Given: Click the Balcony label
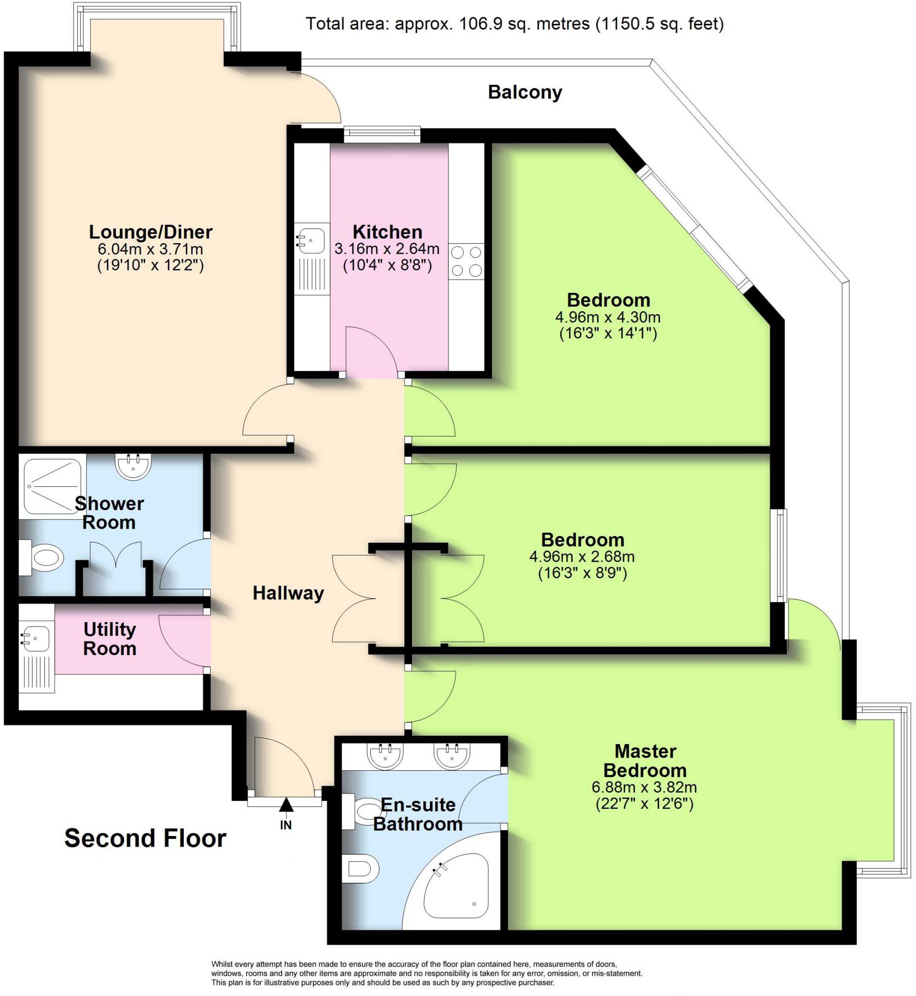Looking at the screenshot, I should (x=524, y=92).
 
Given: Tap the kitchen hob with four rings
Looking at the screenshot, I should (x=466, y=261).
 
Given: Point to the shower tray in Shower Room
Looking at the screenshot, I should (x=53, y=486).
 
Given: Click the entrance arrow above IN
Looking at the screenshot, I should (x=286, y=805).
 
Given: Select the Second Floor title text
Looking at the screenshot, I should (x=145, y=838).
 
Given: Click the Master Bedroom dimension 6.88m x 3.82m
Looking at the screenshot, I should (x=644, y=787).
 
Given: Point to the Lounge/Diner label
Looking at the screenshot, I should (x=151, y=232).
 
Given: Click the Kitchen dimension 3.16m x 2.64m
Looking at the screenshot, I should (x=387, y=249).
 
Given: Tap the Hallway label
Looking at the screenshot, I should (x=288, y=593).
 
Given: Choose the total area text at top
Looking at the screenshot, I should (x=515, y=24).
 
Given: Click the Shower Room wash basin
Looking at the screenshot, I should (x=133, y=466).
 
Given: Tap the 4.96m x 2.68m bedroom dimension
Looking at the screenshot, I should (x=582, y=556).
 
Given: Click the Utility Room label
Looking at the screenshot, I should (x=109, y=639).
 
